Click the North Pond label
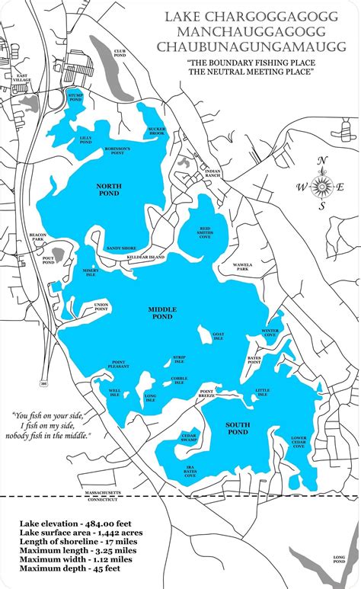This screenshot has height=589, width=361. [108, 189]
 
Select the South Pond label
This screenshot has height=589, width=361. [238, 428]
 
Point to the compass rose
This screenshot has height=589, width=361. [323, 186]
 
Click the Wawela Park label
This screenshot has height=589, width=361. [242, 267]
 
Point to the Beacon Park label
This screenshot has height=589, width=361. [37, 238]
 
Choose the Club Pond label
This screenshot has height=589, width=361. [120, 53]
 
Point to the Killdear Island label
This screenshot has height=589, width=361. [145, 258]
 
